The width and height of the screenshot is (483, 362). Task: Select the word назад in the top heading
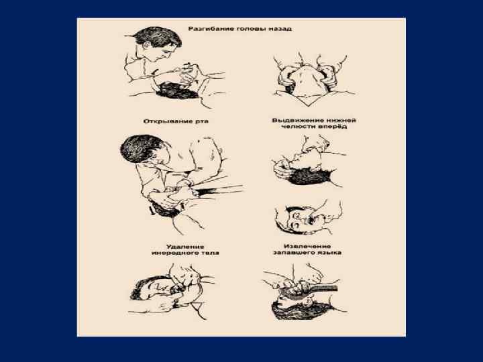tap(279, 29)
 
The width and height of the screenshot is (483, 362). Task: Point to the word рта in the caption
tap(202, 121)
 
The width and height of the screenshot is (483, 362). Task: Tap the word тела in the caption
tap(210, 253)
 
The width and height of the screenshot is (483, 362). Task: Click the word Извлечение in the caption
tap(307, 246)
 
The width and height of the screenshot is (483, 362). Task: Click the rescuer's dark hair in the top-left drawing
tap(158, 37)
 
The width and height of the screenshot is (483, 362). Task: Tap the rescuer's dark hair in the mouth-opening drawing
tap(141, 148)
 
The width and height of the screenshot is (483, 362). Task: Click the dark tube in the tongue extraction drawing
tap(323, 289)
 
